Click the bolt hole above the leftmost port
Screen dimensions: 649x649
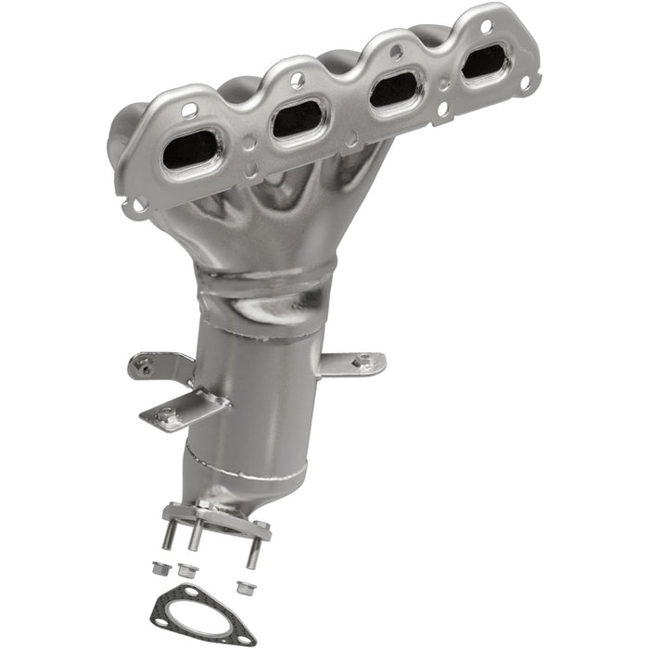[x=188, y=109]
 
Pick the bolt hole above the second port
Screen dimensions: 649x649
[x=297, y=81]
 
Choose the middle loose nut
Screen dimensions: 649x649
[x=185, y=571]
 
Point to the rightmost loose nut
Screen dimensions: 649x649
[x=244, y=586]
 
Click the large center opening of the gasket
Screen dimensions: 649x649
[x=204, y=614]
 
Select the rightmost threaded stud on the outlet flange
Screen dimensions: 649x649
[x=251, y=553]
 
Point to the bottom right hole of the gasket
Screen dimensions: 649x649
[x=245, y=639]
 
